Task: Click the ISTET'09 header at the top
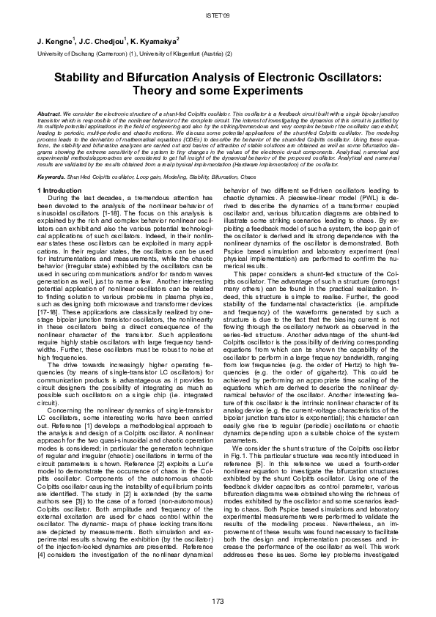tap(218, 14)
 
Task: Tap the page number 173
tap(218, 602)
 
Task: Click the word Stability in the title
tap(80, 76)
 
